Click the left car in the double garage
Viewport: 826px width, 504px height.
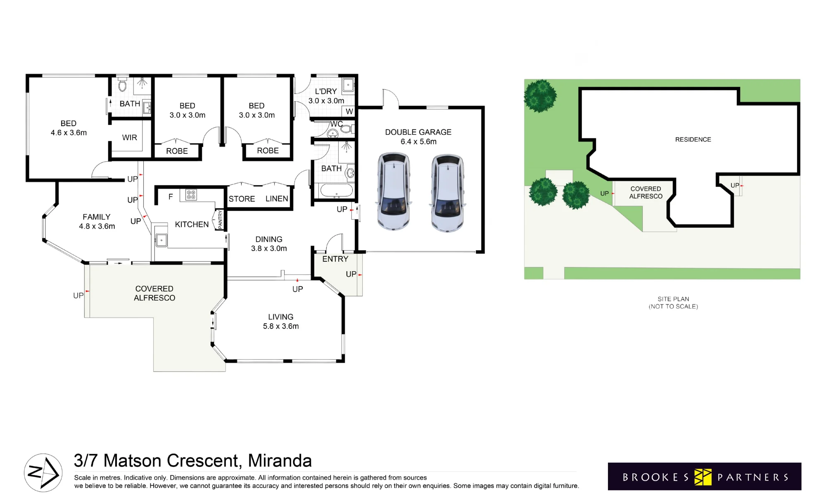[394, 191]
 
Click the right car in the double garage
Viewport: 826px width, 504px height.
[448, 193]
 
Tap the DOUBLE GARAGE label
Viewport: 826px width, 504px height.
[418, 132]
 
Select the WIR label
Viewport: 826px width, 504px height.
[129, 138]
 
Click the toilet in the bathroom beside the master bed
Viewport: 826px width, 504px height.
[122, 84]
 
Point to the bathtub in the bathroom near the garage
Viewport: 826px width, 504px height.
[337, 191]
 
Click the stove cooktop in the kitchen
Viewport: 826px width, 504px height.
[191, 195]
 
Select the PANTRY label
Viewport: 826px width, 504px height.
[220, 220]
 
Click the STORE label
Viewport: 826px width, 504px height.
[242, 199]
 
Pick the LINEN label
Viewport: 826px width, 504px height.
[277, 199]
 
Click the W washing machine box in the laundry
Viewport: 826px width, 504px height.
[349, 111]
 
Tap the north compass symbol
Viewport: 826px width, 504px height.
[43, 473]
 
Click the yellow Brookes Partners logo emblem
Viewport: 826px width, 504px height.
[703, 477]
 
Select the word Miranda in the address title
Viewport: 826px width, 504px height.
[280, 461]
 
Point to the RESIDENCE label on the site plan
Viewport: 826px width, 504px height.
[693, 140]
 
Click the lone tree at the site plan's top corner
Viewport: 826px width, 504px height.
[540, 96]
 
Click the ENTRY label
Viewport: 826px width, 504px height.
[335, 259]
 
